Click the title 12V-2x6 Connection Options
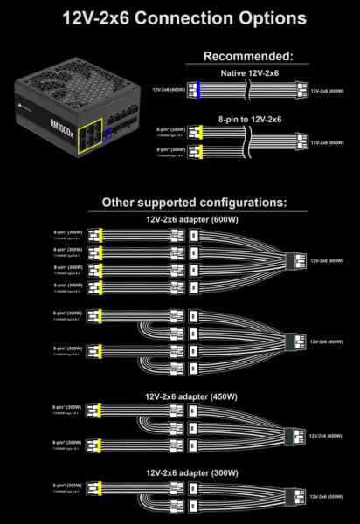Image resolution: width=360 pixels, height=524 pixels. click(x=180, y=17)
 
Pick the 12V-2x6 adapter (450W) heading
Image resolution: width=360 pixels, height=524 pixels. click(x=191, y=396)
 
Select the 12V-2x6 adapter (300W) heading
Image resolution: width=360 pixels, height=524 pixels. click(x=191, y=472)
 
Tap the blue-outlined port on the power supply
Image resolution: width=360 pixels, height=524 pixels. click(x=108, y=134)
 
